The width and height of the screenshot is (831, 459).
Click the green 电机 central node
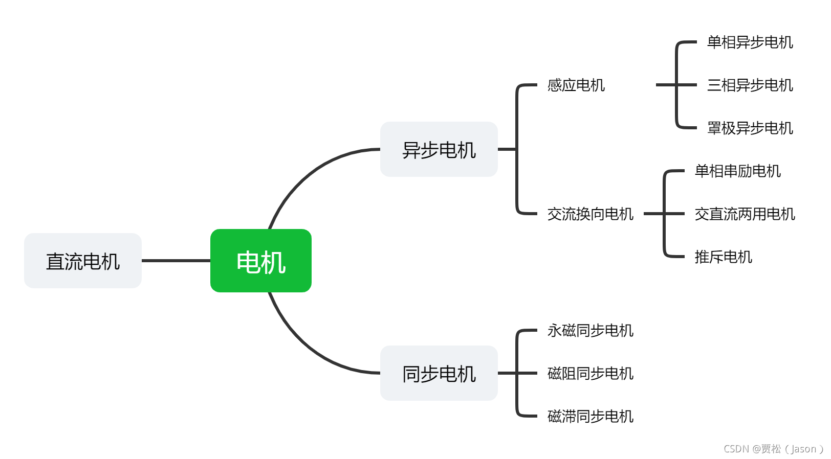pyautogui.click(x=261, y=261)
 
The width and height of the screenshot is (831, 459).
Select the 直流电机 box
pyautogui.click(x=83, y=261)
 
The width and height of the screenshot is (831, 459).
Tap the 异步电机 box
pyautogui.click(x=439, y=149)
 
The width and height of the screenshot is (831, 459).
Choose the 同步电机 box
pyautogui.click(x=439, y=373)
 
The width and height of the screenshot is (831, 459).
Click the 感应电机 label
pyautogui.click(x=576, y=85)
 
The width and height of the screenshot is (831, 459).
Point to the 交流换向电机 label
pyautogui.click(x=590, y=214)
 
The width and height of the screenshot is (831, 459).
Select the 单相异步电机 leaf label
pyautogui.click(x=750, y=42)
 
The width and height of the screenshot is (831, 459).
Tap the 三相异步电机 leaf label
pyautogui.click(x=750, y=85)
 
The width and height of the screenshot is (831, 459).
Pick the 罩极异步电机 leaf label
pyautogui.click(x=750, y=128)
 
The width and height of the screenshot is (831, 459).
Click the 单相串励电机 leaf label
pyautogui.click(x=737, y=171)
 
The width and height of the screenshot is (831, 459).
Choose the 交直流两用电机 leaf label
pyautogui.click(x=745, y=214)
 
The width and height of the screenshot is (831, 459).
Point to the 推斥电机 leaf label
pyautogui.click(x=723, y=257)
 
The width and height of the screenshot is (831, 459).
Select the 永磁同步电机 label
pyautogui.click(x=590, y=330)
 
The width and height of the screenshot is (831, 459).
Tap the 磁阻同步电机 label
pyautogui.click(x=590, y=373)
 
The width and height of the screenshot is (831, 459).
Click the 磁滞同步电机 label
pyautogui.click(x=590, y=416)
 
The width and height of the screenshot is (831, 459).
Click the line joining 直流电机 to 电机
pyautogui.click(x=176, y=261)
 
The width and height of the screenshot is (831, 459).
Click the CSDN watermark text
pyautogui.click(x=773, y=449)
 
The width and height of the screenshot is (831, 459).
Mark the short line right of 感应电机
pyautogui.click(x=665, y=85)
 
